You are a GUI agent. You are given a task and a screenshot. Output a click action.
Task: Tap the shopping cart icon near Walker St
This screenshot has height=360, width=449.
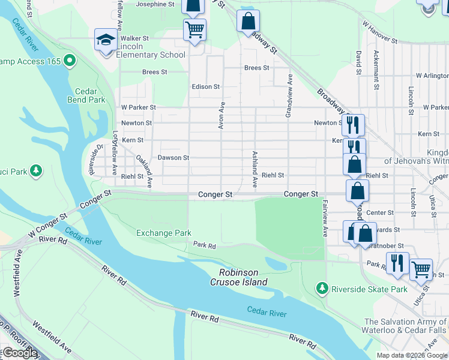[194, 29]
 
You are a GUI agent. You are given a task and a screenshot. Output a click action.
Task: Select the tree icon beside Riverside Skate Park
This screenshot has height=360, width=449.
[322, 289]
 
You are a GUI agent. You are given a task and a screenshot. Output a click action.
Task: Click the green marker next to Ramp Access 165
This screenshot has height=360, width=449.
[70, 61]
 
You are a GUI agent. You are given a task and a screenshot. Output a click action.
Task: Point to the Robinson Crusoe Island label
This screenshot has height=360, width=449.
[238, 277]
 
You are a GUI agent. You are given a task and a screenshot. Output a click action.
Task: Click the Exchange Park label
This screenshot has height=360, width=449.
[164, 233]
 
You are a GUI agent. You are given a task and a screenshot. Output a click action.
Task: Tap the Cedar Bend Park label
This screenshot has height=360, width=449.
[90, 96]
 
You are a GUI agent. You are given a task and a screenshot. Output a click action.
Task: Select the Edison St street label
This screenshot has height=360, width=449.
[205, 86]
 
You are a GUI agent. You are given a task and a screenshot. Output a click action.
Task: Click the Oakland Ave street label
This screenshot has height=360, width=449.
[144, 170]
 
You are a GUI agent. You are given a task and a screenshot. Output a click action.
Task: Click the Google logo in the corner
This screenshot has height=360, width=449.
[19, 352]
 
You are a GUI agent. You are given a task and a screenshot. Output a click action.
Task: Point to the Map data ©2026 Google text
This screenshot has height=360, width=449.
[411, 355]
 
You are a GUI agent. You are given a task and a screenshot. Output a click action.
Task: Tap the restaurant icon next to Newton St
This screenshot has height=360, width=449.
[353, 124]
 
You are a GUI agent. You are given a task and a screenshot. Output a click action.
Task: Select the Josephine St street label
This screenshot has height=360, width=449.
[155, 4]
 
